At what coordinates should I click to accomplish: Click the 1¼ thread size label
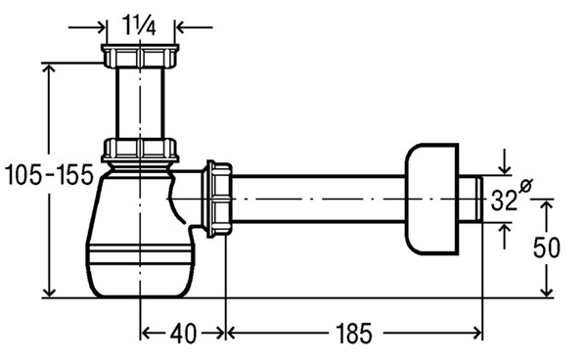(x=139, y=27)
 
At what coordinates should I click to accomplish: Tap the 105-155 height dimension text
(x=49, y=175)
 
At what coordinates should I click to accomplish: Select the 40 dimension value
(x=183, y=334)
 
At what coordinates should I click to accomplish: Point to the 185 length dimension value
(x=353, y=334)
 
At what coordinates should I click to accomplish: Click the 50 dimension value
(x=547, y=247)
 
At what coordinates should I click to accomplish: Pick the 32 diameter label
(x=504, y=201)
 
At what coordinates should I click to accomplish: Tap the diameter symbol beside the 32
(x=526, y=186)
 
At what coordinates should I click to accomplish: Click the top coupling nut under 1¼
(x=140, y=56)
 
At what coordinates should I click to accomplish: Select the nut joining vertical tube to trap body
(x=140, y=151)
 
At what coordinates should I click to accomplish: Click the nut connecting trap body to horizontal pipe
(x=218, y=199)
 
